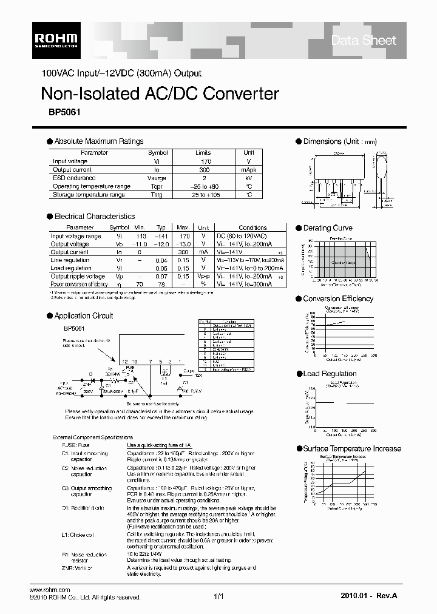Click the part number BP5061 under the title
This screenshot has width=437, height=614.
(56, 112)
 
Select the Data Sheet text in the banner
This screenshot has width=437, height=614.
(364, 41)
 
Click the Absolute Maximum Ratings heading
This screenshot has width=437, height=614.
(99, 141)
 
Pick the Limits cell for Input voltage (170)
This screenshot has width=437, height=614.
(203, 161)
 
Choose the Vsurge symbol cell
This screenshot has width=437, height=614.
(158, 178)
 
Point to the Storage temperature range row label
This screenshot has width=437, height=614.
(89, 195)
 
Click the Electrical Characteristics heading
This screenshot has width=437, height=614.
(95, 217)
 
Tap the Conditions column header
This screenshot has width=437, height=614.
(252, 228)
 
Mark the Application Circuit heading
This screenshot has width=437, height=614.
(84, 316)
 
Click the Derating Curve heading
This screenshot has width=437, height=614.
(328, 228)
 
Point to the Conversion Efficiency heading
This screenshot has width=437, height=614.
(338, 299)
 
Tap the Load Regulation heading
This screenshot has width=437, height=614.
(330, 374)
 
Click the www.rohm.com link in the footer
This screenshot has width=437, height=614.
(50, 590)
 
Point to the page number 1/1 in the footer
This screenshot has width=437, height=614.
(219, 597)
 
